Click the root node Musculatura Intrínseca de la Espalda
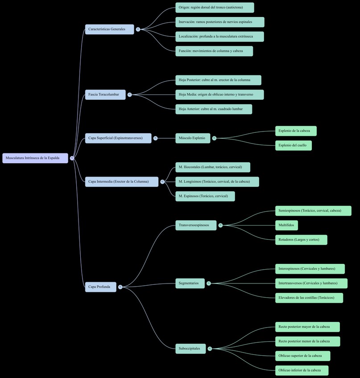[x=35, y=158]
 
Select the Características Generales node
[x=109, y=29]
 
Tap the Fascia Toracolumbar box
[x=105, y=94]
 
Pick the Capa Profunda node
[x=100, y=287]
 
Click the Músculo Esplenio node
[x=192, y=138]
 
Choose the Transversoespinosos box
[x=196, y=226]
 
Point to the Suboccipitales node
[x=190, y=349]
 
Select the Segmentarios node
[x=190, y=283]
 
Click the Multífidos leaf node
[x=286, y=226]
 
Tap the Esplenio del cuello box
[x=294, y=146]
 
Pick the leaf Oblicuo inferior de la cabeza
[x=302, y=370]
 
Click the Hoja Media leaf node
[x=219, y=94]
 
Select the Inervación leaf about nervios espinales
[x=219, y=22]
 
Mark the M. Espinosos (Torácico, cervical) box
[x=205, y=196]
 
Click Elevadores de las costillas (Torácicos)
[x=309, y=298]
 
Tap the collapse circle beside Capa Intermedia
[x=162, y=182]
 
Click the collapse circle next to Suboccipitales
[x=210, y=349]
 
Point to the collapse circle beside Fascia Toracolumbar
[x=129, y=94]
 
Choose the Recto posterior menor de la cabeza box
[x=307, y=341]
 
